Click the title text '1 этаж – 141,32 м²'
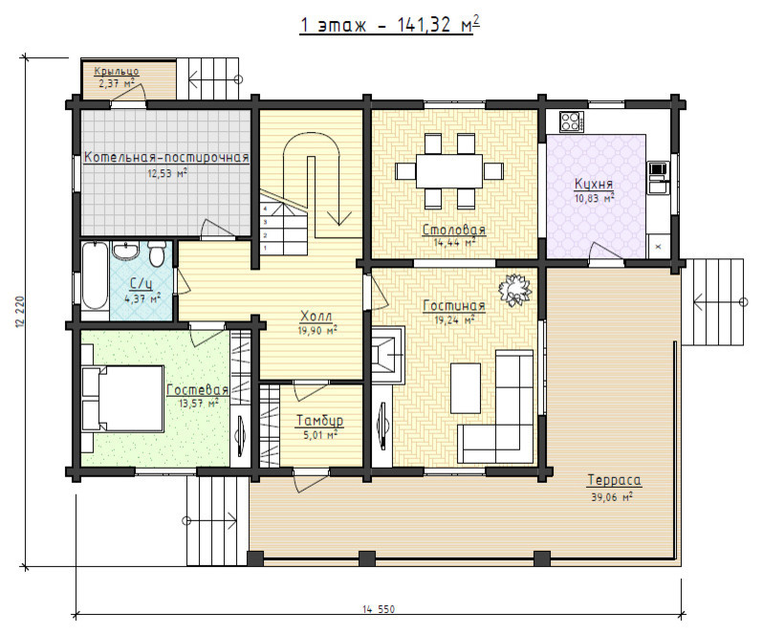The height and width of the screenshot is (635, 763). pyautogui.click(x=389, y=24)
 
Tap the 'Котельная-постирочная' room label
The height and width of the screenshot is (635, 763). pyautogui.click(x=166, y=158)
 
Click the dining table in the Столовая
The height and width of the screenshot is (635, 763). pyautogui.click(x=449, y=171)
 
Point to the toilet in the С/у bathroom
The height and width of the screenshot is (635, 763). pyautogui.click(x=156, y=254)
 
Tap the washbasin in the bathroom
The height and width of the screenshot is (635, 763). pyautogui.click(x=125, y=251)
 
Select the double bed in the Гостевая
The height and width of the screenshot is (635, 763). pyautogui.click(x=123, y=399)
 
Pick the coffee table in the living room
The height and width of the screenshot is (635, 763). pyautogui.click(x=466, y=388)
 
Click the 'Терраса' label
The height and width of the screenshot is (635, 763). pyautogui.click(x=614, y=480)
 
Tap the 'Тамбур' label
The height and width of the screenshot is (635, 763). pyautogui.click(x=319, y=421)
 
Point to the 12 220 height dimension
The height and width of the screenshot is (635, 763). pyautogui.click(x=20, y=312)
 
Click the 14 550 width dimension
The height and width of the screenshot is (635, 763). pyautogui.click(x=379, y=609)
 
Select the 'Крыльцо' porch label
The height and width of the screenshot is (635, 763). pyautogui.click(x=117, y=72)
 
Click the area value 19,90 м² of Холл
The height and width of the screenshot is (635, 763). pyautogui.click(x=317, y=331)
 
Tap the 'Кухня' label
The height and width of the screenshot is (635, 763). pyautogui.click(x=594, y=184)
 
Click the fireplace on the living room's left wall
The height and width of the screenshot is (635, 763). pyautogui.click(x=388, y=354)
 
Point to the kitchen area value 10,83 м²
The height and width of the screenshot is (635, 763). pyautogui.click(x=594, y=198)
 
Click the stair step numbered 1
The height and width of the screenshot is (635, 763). pyautogui.click(x=265, y=248)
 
